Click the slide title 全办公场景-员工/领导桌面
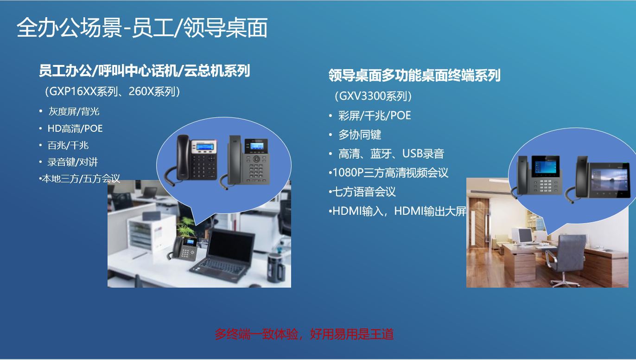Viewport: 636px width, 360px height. [x=142, y=28]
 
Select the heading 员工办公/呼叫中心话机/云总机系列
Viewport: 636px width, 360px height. [x=144, y=71]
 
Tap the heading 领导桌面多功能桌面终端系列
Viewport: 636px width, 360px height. [x=414, y=75]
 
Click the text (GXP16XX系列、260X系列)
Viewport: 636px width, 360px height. [x=112, y=91]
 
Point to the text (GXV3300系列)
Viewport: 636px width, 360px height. [x=373, y=96]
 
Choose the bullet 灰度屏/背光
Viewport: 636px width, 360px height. [x=74, y=111]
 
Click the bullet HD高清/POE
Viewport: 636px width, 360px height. [x=75, y=129]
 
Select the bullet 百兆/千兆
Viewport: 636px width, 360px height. [x=68, y=145]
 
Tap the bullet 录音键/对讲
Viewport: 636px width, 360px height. [x=72, y=162]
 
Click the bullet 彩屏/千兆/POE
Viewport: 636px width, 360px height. [x=375, y=116]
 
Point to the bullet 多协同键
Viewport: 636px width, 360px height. [x=360, y=135]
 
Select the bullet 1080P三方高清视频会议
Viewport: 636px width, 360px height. [x=390, y=173]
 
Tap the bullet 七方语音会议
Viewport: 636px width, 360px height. [x=364, y=192]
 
